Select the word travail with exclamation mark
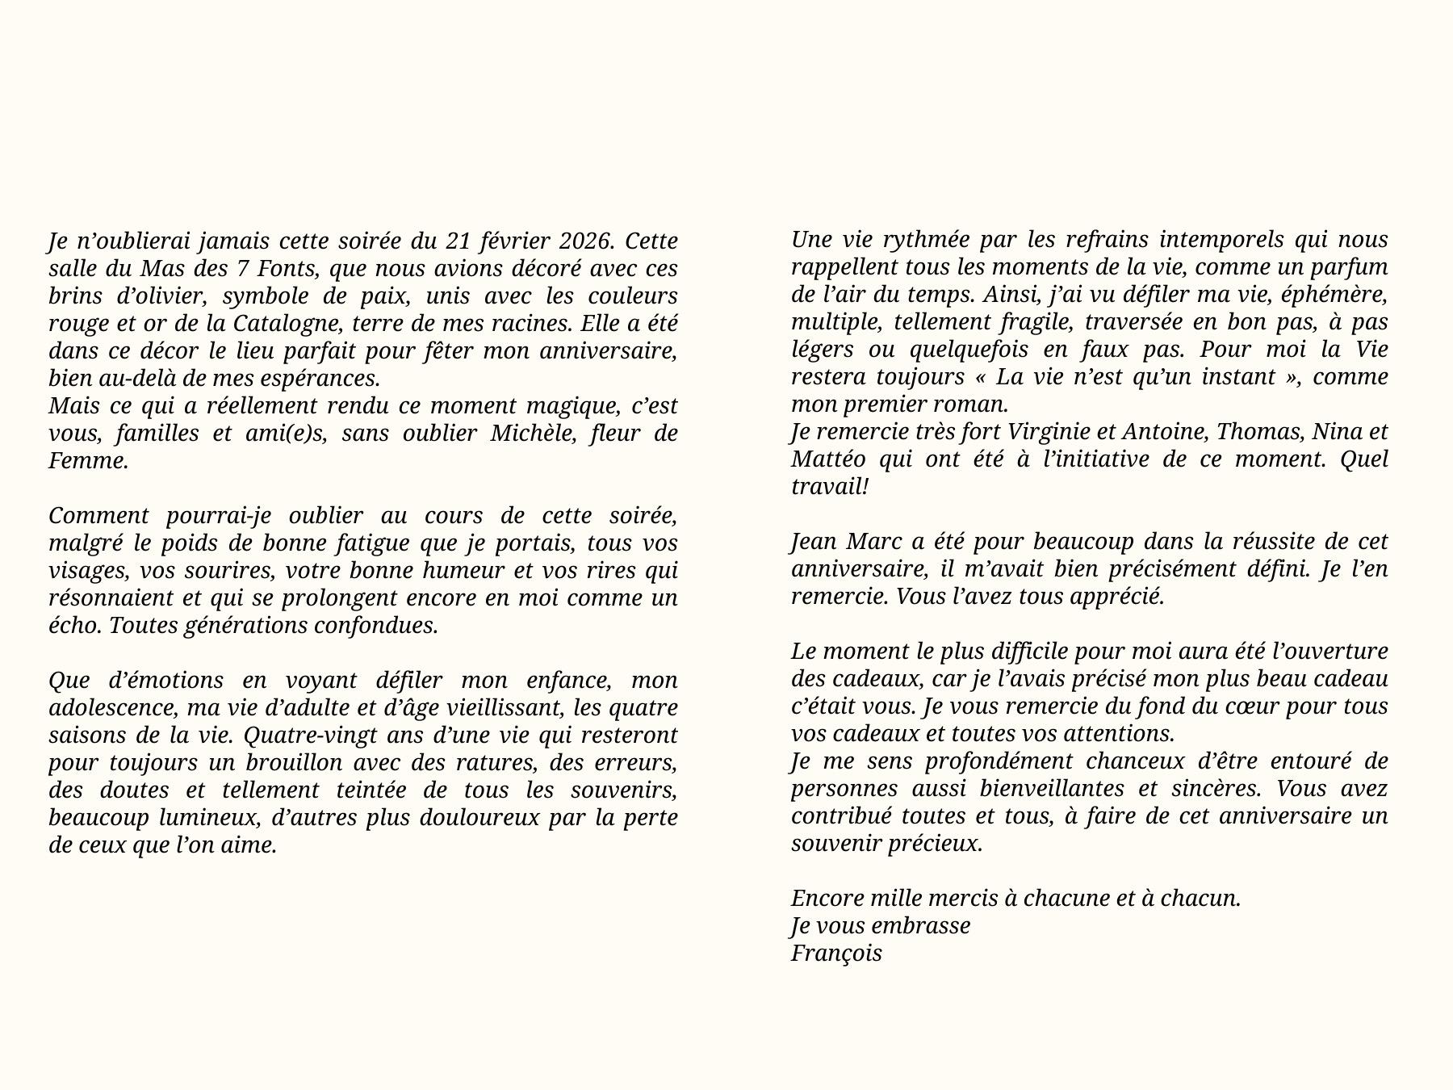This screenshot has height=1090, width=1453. (x=830, y=487)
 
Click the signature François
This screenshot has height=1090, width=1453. (x=836, y=954)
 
